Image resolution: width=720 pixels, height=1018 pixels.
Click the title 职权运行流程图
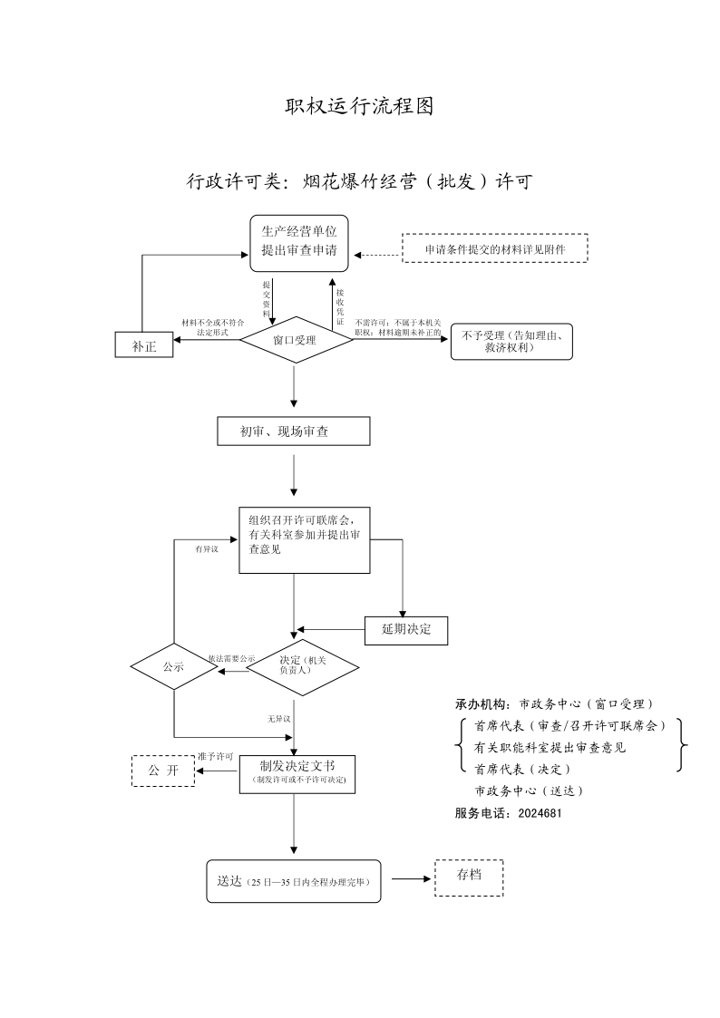pos(359,106)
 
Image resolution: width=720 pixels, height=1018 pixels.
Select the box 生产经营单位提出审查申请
pos(299,244)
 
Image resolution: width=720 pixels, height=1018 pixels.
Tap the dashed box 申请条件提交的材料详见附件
pos(495,248)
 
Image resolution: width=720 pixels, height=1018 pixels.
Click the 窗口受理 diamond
pos(296,340)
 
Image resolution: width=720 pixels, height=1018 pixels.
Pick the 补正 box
pos(144,344)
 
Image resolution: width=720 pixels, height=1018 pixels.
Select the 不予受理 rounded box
pos(511,342)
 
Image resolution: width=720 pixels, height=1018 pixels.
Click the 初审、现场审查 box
pos(294,431)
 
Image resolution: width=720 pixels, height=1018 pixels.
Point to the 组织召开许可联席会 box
pos(305,540)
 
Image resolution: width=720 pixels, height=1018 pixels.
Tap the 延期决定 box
pos(406,630)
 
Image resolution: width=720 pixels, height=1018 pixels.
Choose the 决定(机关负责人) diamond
pos(303,667)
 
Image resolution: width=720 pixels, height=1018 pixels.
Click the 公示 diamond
pos(174,667)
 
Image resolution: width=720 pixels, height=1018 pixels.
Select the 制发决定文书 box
pos(297,774)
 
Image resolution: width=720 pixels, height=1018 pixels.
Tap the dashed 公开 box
pos(163,771)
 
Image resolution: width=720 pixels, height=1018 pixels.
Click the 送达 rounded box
pos(294,881)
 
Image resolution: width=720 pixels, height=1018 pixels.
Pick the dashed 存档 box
pos(469,877)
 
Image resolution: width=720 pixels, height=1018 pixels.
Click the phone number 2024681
pos(540,813)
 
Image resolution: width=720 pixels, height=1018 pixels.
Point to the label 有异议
pos(207,549)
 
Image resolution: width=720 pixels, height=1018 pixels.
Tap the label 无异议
pos(278,719)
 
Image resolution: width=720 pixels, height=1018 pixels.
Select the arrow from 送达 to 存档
pos(411,879)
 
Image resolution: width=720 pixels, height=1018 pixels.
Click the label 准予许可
pos(216,757)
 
